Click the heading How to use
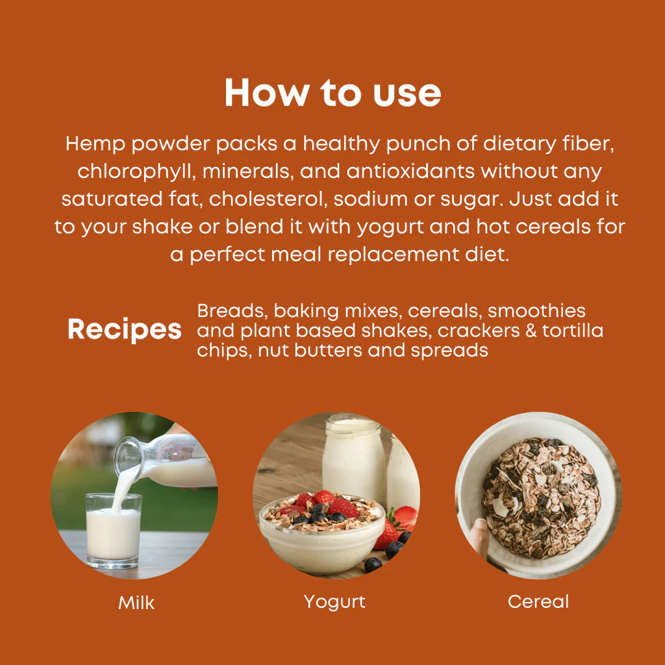pyautogui.click(x=332, y=94)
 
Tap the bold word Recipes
pyautogui.click(x=124, y=330)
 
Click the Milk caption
pyautogui.click(x=136, y=603)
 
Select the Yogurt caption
pyautogui.click(x=334, y=601)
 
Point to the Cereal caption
pyautogui.click(x=538, y=601)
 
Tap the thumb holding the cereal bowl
pyautogui.click(x=479, y=536)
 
